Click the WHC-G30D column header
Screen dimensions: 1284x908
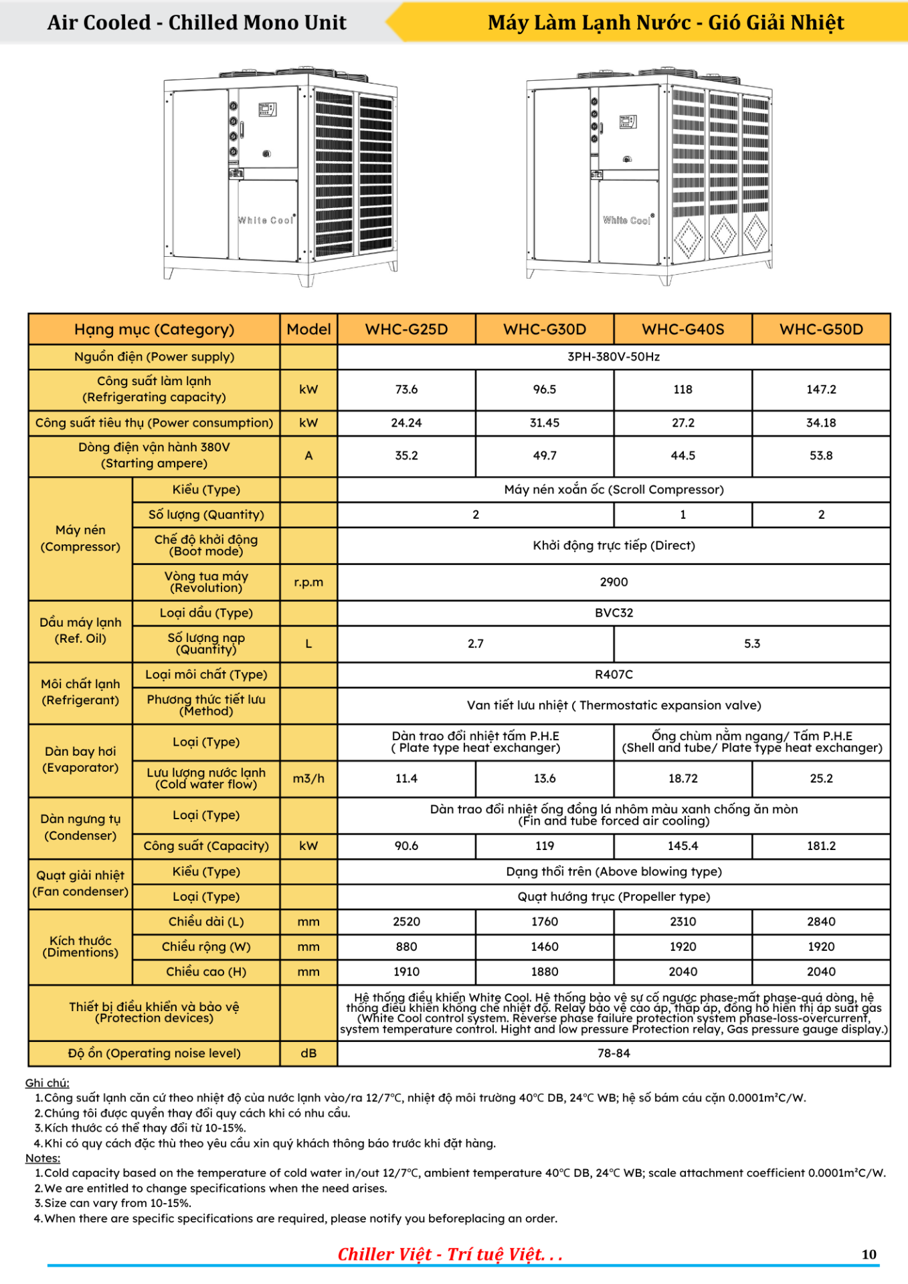coord(545,329)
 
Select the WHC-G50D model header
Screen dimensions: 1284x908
coord(821,329)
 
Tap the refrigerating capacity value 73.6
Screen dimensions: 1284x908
coord(406,389)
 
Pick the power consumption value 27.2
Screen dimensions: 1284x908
coord(683,423)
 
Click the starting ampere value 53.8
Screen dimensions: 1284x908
coord(821,455)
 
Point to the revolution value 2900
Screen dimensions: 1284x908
coord(614,582)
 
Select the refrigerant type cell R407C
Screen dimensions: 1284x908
coord(614,674)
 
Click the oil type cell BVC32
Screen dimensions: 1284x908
coord(614,613)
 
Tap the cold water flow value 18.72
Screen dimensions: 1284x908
coord(683,778)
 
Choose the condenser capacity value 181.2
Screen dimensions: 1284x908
coord(821,846)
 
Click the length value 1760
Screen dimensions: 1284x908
coord(545,922)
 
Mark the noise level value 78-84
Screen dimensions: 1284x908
coord(614,1053)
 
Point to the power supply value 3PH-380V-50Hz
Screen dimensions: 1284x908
coord(614,356)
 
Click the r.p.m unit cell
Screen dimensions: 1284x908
coord(308,582)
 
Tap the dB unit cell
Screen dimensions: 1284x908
coord(308,1053)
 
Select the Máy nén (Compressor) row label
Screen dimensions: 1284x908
coord(80,538)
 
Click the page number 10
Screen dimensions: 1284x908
coord(869,1255)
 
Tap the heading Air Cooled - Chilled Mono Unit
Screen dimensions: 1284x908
coord(197,23)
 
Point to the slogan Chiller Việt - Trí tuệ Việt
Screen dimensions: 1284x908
coord(450,1255)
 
